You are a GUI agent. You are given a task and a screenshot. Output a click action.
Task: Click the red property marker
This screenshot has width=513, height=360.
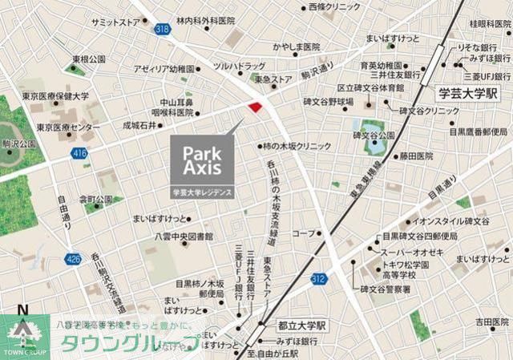click(x=256, y=107)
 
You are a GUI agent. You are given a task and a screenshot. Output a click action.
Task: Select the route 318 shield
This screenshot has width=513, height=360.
click(x=164, y=29)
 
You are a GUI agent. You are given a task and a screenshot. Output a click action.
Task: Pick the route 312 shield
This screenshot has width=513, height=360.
click(x=318, y=279)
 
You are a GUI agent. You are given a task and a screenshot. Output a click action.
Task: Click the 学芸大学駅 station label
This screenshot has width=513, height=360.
click(x=468, y=94)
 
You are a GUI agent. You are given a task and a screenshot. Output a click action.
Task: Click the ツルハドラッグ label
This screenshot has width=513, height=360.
click(x=239, y=66)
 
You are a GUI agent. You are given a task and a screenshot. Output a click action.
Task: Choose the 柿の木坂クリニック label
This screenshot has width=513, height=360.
click(x=296, y=147)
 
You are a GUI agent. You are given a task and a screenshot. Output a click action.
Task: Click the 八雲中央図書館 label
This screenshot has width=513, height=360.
click(x=184, y=237)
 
